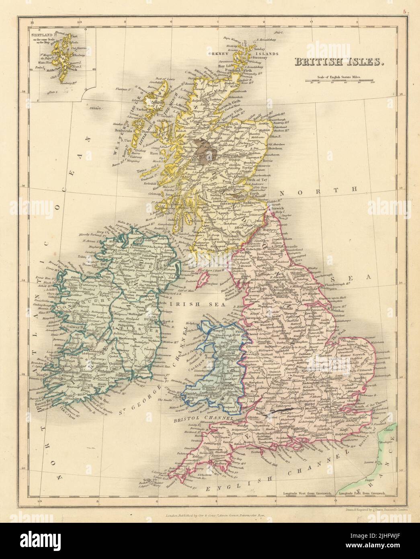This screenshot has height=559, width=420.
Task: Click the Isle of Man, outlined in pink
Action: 205,277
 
